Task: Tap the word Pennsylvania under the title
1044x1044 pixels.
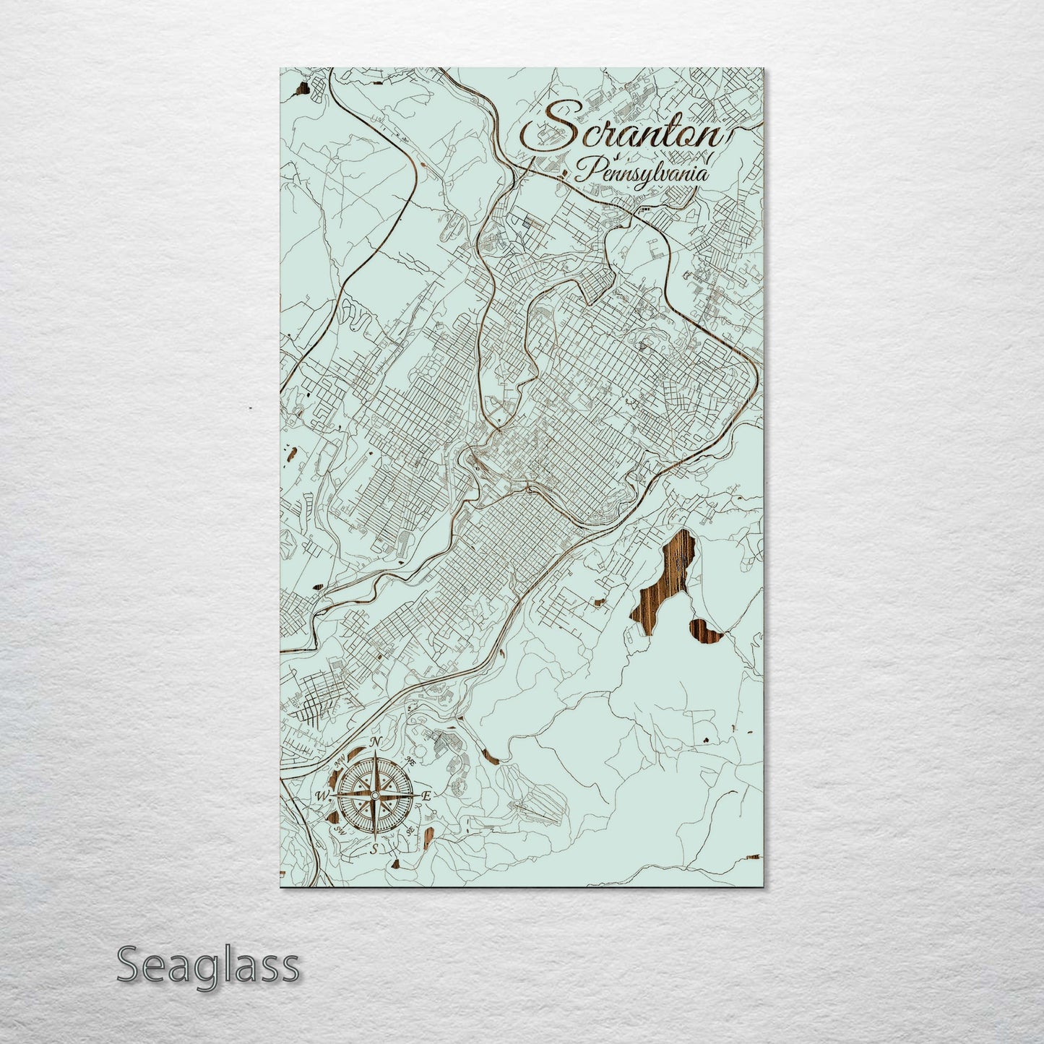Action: [x=642, y=173]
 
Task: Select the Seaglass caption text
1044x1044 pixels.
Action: [x=207, y=965]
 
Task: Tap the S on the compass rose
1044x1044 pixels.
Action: [x=374, y=849]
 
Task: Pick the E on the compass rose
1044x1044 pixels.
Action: [x=426, y=796]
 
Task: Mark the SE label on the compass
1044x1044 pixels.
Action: [x=410, y=830]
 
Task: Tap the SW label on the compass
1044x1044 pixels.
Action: [x=338, y=831]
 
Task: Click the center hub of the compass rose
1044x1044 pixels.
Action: [x=374, y=795]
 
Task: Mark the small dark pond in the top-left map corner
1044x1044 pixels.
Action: [x=301, y=90]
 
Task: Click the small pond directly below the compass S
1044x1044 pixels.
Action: [x=397, y=863]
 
